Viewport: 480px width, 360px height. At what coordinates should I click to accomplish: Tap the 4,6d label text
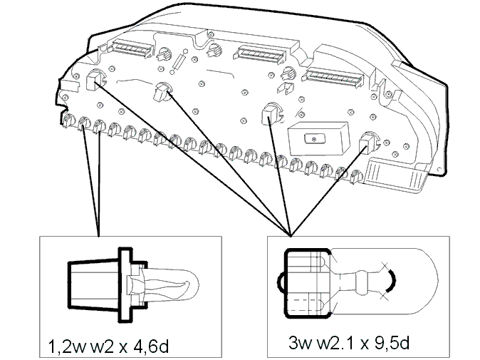pos(151,346)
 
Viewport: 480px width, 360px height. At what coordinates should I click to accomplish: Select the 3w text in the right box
pos(300,343)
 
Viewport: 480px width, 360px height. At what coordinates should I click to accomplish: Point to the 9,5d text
pos(392,343)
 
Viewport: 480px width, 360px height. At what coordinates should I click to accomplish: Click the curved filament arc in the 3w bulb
pos(392,281)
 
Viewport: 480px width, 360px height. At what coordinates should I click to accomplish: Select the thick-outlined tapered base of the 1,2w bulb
pos(93,284)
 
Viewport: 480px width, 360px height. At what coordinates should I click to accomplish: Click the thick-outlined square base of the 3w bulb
pos(307,284)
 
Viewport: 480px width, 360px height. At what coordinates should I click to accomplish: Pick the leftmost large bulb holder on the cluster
pos(95,80)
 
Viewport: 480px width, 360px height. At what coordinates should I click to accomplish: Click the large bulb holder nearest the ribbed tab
pos(368,143)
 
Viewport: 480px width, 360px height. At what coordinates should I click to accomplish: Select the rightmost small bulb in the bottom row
pos(356,177)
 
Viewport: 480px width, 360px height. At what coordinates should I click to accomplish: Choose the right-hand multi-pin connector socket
pos(334,77)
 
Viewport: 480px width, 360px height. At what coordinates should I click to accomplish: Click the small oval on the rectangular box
pos(313,139)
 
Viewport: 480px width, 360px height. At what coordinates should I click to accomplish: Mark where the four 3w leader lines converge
pos(290,236)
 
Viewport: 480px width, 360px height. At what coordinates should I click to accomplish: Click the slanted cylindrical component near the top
pos(179,61)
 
